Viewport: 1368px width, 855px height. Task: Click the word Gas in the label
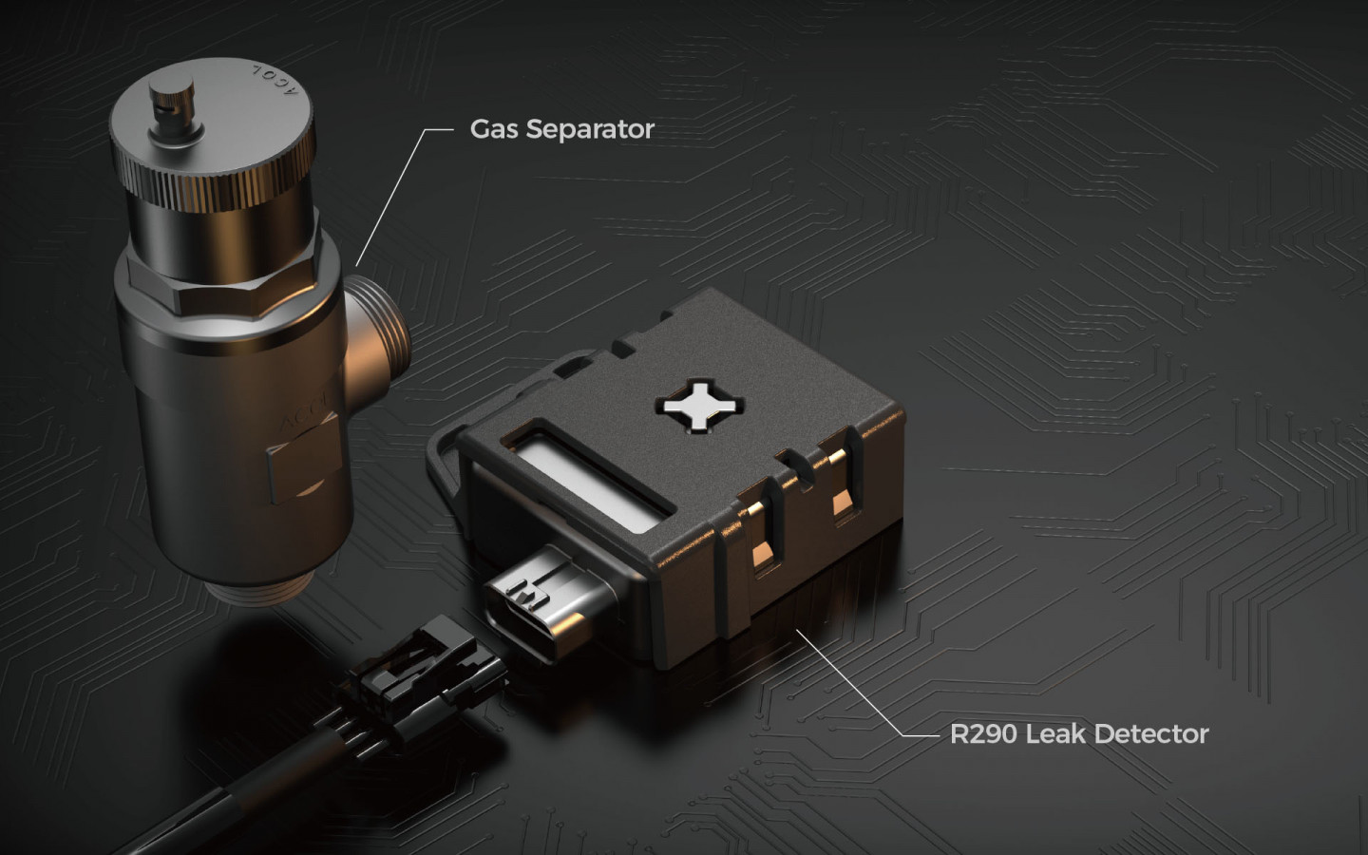coord(494,129)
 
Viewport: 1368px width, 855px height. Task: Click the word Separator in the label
coord(590,130)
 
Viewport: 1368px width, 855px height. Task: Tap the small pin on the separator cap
coord(173,105)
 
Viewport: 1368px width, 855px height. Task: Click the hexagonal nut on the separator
coord(226,281)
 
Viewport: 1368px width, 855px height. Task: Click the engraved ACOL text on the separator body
coord(305,414)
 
